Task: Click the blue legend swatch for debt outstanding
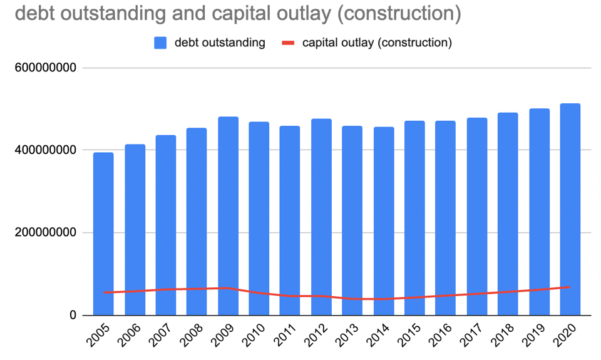click(160, 43)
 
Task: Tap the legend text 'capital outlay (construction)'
click(377, 43)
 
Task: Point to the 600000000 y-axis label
click(45, 68)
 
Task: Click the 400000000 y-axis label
click(45, 150)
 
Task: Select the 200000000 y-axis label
click(45, 233)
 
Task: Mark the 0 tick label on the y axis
click(73, 316)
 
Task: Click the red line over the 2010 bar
click(259, 293)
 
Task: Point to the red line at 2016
click(446, 296)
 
